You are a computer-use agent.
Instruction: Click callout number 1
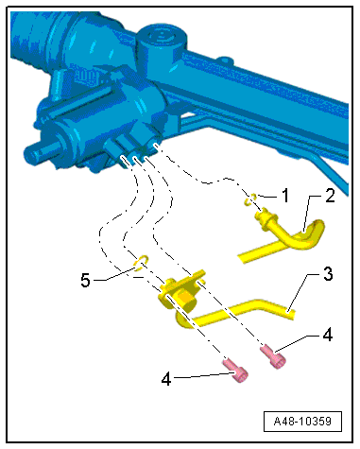pos(285,196)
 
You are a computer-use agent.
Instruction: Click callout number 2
pos(330,196)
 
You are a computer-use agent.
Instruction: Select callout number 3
pos(328,274)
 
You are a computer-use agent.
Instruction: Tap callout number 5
pos(85,280)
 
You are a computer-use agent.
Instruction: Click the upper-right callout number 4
pos(328,335)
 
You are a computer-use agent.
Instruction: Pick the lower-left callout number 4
pos(166,379)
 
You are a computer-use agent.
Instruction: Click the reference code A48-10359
pos(302,422)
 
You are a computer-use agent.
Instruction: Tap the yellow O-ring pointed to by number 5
pos(141,263)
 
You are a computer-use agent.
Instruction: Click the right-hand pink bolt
pos(273,356)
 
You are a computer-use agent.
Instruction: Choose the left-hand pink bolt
pos(235,371)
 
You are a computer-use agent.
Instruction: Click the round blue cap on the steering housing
pos(161,37)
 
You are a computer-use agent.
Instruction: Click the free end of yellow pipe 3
pos(292,314)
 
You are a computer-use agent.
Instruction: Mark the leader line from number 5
pos(114,274)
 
